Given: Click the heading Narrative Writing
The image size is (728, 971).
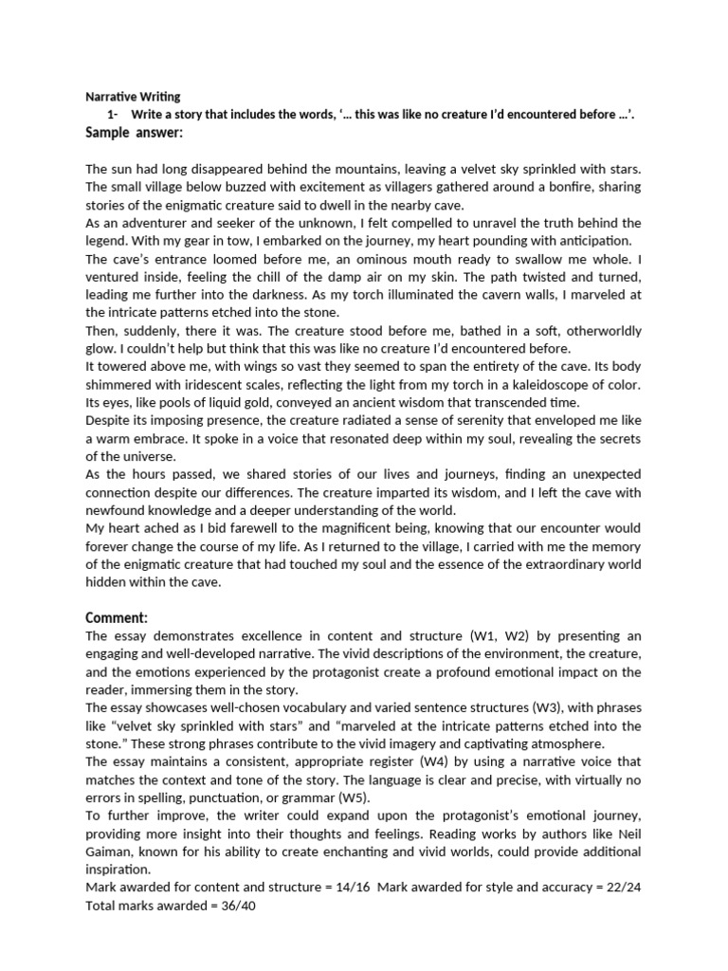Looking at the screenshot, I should [x=133, y=97].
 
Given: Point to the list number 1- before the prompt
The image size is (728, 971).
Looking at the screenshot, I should [x=115, y=115].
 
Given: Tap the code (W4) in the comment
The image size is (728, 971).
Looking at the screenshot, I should [x=405, y=762].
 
